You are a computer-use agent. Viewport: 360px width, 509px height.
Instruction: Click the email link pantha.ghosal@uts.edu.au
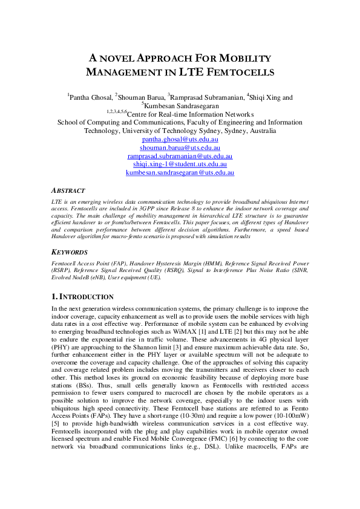[180, 138]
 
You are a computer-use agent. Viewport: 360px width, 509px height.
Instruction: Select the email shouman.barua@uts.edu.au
[180, 147]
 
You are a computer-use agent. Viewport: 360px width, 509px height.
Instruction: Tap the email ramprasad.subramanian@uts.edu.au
[180, 155]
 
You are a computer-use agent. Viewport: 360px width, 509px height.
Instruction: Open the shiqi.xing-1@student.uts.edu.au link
[180, 164]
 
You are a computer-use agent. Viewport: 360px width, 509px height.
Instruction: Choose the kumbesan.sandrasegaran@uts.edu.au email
[180, 172]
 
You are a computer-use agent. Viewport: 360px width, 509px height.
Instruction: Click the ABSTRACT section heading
[68, 190]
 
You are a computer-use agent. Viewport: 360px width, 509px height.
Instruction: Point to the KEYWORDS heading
[70, 252]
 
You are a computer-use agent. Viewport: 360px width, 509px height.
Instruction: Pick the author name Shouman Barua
[141, 97]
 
